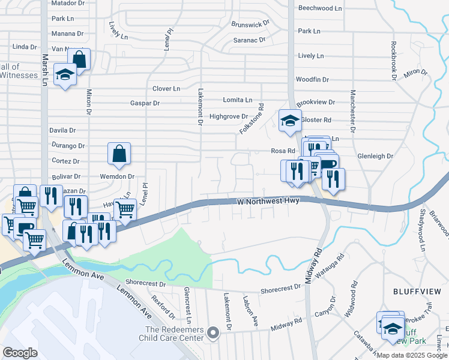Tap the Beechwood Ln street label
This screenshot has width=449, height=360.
[x=319, y=8]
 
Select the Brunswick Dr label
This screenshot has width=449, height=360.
[x=252, y=25]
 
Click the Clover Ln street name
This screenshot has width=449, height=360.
[x=166, y=89]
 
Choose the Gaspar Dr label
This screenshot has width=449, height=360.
[x=145, y=103]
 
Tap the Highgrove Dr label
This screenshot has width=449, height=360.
[x=229, y=116]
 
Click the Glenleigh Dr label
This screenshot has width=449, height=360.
[x=375, y=156]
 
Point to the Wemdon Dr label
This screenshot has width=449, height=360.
[x=118, y=176]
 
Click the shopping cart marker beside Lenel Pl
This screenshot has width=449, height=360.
[x=125, y=209]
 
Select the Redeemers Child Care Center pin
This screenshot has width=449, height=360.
[x=211, y=332]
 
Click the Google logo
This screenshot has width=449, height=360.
[x=20, y=352]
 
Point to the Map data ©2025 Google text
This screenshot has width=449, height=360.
[x=411, y=355]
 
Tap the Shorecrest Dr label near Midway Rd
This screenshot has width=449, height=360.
[x=280, y=289]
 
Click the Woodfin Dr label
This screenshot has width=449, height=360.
[x=312, y=80]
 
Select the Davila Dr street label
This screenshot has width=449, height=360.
[x=62, y=130]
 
